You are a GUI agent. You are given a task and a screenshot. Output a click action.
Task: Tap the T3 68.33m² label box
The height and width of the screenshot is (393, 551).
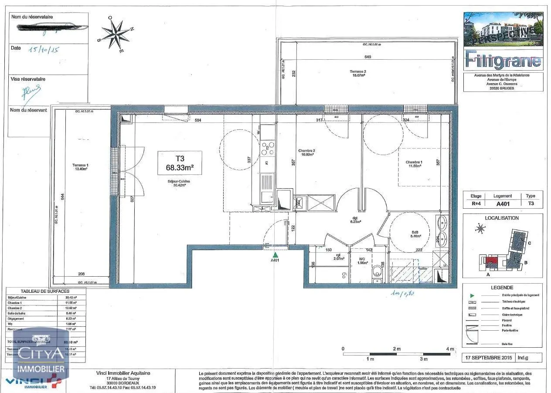(x=180, y=163)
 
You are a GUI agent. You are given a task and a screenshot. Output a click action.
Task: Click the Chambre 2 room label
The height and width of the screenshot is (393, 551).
(x=306, y=152)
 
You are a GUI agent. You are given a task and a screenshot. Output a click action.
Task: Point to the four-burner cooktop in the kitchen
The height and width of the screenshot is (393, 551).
(x=267, y=149)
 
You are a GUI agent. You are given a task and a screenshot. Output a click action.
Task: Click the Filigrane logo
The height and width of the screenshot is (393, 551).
(x=503, y=60)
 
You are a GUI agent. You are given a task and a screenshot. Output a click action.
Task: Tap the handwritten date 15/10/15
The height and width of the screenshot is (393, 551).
(x=43, y=50)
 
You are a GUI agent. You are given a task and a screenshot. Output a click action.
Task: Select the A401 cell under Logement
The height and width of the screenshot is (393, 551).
(x=503, y=203)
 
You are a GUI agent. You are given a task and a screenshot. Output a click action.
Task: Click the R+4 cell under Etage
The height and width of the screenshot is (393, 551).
(x=476, y=203)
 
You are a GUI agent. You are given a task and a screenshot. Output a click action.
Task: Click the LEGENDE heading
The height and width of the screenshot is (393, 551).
(x=502, y=288)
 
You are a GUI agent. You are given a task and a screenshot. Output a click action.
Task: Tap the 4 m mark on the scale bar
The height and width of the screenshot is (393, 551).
(x=450, y=349)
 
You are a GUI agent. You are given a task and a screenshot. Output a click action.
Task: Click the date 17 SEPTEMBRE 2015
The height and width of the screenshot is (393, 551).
(x=488, y=358)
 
